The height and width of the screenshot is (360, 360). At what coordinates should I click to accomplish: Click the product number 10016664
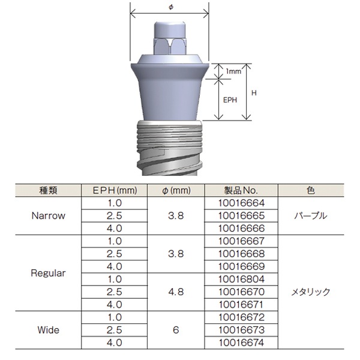coord(243,203)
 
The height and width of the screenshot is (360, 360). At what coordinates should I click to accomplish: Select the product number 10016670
coord(243,292)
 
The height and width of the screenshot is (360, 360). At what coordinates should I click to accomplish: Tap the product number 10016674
coord(243,343)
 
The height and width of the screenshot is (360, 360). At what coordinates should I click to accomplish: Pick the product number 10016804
coord(243,280)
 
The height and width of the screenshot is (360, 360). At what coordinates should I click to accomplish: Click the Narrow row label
coord(47,216)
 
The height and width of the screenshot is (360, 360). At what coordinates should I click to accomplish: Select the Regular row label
coord(48,273)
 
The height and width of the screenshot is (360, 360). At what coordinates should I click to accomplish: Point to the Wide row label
coord(48,329)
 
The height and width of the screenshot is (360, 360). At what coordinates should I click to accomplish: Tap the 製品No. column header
coord(243,191)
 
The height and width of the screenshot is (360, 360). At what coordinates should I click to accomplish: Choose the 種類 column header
coord(48,191)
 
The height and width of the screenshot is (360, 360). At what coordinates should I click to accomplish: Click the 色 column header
coord(310,191)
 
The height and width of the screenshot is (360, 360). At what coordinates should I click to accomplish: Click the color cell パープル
coord(310,216)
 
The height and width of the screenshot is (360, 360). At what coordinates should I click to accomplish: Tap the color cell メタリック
coord(310,292)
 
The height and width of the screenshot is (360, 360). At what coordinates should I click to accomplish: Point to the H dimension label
coord(254,93)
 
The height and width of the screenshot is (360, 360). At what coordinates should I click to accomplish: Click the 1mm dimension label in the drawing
coord(233,71)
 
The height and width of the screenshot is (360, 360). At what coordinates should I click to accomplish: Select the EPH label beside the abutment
coord(230,100)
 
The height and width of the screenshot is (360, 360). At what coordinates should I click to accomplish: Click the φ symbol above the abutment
coord(170,7)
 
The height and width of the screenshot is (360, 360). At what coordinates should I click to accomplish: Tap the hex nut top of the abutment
coord(170,42)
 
